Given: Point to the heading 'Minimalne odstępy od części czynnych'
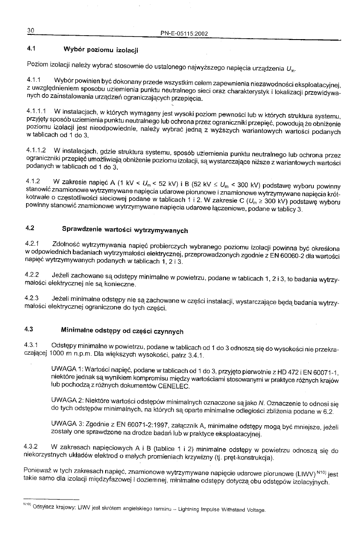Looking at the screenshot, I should [122, 331].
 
